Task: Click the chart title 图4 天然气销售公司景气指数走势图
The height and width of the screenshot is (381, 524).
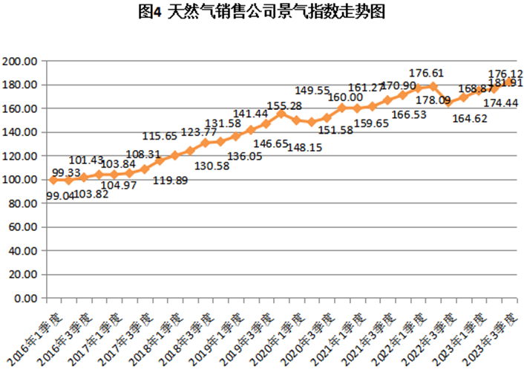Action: click(261, 13)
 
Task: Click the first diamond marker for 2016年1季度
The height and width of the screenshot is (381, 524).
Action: click(53, 180)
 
